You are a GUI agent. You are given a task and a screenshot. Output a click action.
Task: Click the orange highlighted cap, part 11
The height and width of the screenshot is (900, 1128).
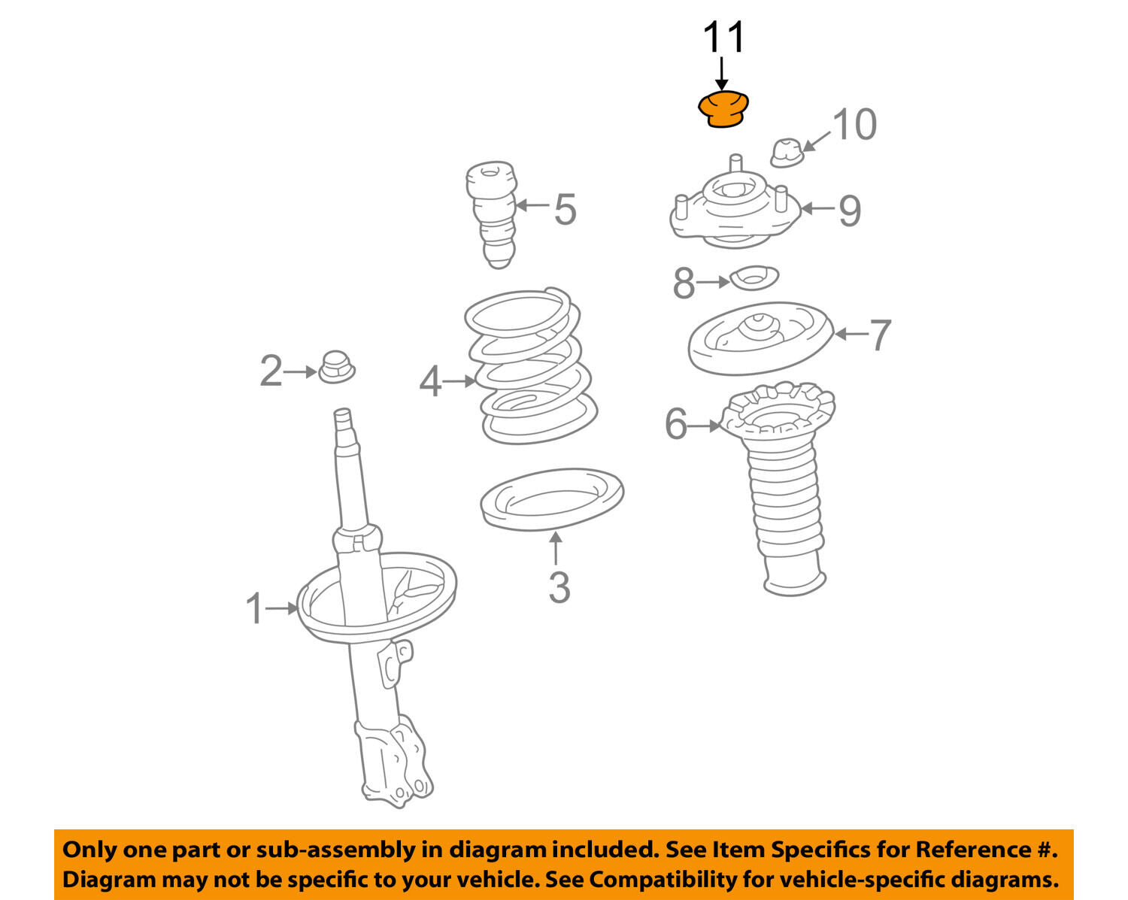(x=723, y=110)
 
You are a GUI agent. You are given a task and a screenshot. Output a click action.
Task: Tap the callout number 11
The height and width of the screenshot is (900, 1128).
(x=724, y=37)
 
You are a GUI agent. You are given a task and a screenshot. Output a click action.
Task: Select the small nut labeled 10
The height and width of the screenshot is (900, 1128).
(x=787, y=153)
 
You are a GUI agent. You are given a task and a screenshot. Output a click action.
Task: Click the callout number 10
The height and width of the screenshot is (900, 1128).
(x=855, y=125)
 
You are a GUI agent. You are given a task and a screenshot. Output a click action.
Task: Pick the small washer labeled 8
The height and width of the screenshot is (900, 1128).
(x=754, y=277)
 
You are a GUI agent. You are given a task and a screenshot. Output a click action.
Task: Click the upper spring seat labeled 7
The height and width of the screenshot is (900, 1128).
(x=760, y=338)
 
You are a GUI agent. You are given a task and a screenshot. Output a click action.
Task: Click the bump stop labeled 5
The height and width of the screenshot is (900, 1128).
(x=493, y=215)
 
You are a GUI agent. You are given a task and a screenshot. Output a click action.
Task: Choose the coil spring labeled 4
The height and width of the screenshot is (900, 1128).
(x=530, y=366)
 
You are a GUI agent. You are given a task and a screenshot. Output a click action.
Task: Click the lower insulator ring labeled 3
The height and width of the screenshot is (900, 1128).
(x=552, y=499)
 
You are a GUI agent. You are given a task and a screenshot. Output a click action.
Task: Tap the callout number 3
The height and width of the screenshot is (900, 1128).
(x=559, y=587)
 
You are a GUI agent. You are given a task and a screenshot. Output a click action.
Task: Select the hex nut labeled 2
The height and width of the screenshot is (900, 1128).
(x=336, y=367)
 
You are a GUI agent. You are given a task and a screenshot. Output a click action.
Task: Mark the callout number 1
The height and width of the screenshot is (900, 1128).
(x=255, y=608)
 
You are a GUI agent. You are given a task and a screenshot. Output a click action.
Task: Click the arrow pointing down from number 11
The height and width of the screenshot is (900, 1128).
(x=722, y=74)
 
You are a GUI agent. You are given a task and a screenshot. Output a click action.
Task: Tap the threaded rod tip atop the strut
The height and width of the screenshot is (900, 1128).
(x=342, y=418)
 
